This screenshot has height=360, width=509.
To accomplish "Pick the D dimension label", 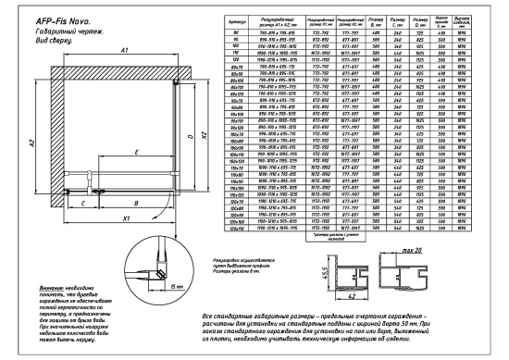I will coord(192,136).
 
